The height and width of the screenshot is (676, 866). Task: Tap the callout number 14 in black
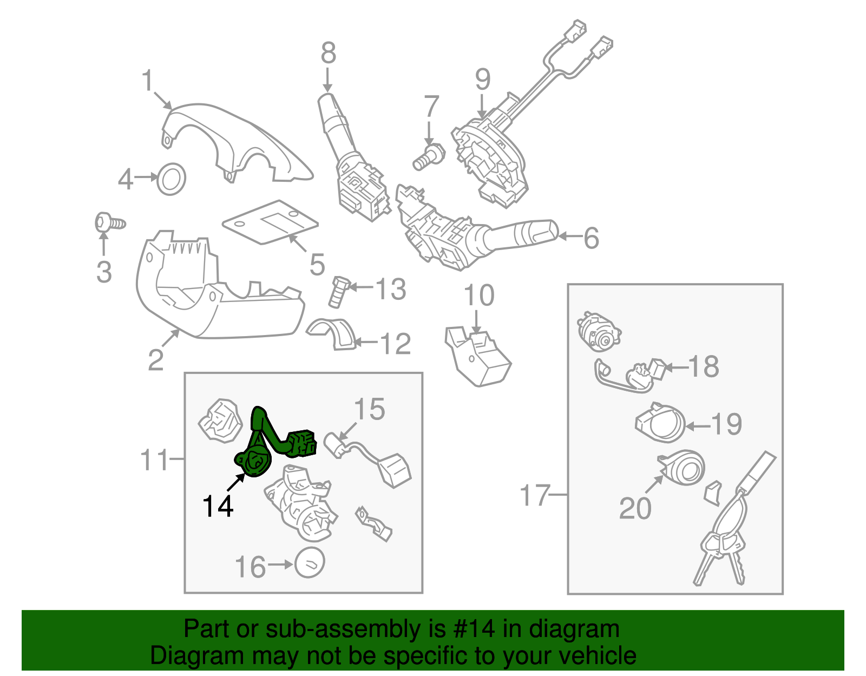click(218, 507)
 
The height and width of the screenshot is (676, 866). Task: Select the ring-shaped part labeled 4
click(171, 179)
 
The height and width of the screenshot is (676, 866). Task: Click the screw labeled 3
click(108, 223)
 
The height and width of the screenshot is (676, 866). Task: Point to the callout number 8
click(328, 54)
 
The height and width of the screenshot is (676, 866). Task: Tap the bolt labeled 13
click(338, 292)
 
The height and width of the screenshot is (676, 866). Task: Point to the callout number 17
click(535, 495)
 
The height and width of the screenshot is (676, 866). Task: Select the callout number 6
click(591, 238)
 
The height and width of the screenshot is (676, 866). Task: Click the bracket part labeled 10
click(477, 357)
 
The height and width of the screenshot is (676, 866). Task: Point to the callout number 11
click(155, 460)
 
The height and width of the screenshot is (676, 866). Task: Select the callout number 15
click(370, 410)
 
